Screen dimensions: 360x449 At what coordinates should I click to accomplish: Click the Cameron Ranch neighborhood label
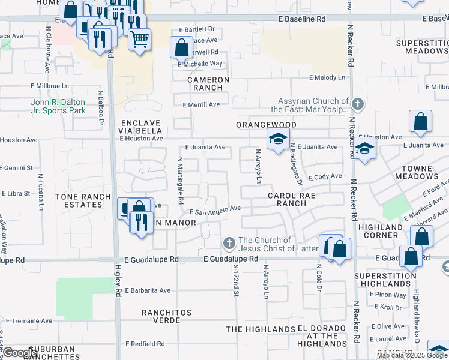click(208, 83)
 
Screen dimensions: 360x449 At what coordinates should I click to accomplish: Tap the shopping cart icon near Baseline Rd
click(140, 40)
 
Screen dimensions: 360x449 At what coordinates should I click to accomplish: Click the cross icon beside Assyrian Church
click(358, 104)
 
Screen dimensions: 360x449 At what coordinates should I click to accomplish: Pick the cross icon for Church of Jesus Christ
click(228, 244)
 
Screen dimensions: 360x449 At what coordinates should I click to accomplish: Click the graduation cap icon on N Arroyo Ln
click(278, 139)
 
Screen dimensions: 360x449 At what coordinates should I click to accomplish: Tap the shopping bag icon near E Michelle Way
click(181, 47)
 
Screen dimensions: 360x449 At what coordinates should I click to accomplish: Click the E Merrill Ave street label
click(201, 104)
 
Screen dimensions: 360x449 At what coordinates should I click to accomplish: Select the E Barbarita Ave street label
click(148, 290)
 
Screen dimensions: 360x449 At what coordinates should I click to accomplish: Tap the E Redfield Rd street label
click(145, 344)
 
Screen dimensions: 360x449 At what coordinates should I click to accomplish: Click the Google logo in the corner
click(19, 353)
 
